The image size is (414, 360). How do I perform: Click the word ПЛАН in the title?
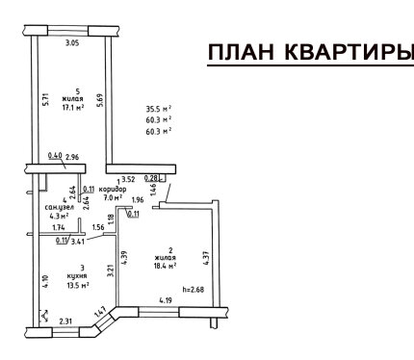point(242,52)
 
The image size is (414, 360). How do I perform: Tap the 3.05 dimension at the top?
point(72,43)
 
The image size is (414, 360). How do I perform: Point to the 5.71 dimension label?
point(45,99)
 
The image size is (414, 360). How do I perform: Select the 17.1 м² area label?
point(73,108)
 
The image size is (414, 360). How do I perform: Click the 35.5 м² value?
point(159,110)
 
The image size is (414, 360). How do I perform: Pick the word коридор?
point(113,189)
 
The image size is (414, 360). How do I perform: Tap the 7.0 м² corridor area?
point(113,197)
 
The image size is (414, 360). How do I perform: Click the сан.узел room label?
point(60,207)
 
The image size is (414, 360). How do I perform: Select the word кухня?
point(77,276)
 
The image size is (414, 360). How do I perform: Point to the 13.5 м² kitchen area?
point(78,285)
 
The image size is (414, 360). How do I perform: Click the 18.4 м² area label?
point(166,266)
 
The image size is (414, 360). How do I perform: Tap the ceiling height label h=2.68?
point(194,290)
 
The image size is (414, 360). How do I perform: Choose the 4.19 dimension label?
point(167,300)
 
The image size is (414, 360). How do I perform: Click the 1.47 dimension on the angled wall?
point(100,313)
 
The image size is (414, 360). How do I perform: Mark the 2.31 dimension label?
point(65,321)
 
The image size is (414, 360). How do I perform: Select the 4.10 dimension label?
point(45,282)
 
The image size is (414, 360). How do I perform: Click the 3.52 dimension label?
point(128,180)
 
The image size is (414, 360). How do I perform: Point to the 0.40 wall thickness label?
point(55,156)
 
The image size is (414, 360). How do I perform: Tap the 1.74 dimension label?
point(59,228)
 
